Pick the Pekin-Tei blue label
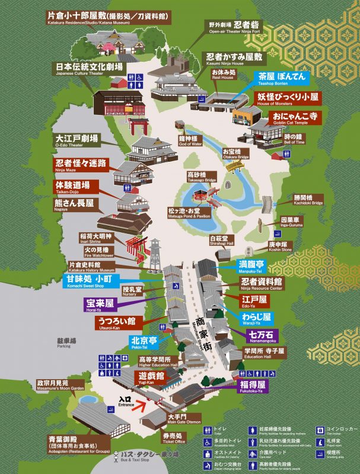pos(145,344)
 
